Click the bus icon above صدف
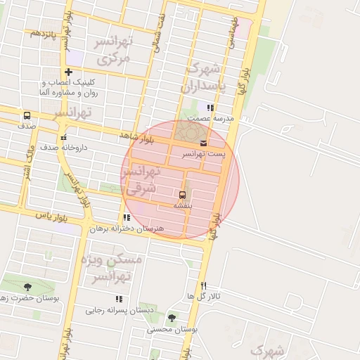tap(27, 115)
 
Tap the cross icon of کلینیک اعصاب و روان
tap(68, 72)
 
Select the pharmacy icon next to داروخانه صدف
tap(64, 138)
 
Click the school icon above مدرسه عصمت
tap(209, 108)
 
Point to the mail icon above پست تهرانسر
tap(203, 143)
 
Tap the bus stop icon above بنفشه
tap(183, 194)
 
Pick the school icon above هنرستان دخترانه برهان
tap(127, 218)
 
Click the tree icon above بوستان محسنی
tap(172, 318)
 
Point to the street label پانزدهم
tap(44, 33)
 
